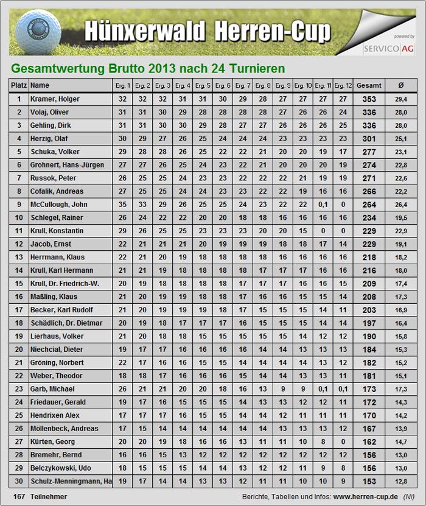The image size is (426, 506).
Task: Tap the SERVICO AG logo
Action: click(388, 47)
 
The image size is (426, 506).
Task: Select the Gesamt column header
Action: click(369, 86)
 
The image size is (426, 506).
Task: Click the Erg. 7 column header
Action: click(243, 86)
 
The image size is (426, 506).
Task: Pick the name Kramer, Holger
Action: click(55, 99)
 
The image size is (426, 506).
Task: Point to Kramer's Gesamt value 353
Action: click(369, 99)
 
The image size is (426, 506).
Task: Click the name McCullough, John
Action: click(59, 205)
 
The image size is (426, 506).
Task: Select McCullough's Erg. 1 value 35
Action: click(122, 205)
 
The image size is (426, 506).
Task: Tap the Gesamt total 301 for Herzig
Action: click(369, 139)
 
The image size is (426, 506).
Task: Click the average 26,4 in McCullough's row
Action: click(400, 205)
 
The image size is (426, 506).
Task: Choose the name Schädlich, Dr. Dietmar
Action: click(66, 323)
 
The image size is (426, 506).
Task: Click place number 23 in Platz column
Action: click(19, 389)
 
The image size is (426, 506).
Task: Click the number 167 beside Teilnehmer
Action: click(18, 497)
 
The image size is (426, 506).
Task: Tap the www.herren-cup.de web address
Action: click(365, 497)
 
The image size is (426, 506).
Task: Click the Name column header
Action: click(40, 86)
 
